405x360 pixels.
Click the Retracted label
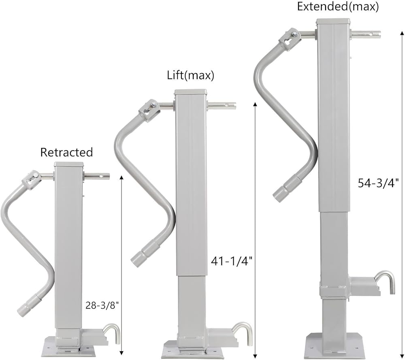66,152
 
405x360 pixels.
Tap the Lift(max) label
191,75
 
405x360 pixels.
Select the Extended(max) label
338,6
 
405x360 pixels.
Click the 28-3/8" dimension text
102,306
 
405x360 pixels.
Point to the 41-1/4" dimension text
231,261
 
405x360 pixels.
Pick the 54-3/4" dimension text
378,183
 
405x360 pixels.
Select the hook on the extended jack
384,281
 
